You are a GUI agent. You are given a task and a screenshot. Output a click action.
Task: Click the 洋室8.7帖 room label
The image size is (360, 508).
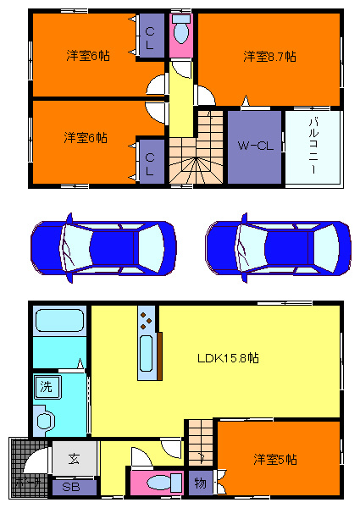269,57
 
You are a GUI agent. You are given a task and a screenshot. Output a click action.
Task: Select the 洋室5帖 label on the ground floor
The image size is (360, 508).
275,459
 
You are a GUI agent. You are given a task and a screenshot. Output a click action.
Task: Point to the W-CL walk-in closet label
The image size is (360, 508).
254,146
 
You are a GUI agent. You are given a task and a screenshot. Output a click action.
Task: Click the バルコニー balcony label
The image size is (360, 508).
313,146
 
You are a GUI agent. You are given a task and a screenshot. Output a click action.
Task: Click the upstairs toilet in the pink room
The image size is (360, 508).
180,32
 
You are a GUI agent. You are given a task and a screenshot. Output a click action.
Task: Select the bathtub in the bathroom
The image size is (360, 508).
58,323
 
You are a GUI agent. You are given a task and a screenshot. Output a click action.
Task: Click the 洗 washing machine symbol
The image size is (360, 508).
44,388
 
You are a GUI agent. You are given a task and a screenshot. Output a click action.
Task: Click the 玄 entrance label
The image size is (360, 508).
73,459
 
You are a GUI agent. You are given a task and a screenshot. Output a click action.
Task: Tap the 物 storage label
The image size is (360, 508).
200,483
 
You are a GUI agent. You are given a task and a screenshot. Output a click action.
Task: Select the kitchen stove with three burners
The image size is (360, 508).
146,323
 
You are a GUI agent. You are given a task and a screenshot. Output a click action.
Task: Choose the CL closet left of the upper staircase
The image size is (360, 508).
150,162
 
